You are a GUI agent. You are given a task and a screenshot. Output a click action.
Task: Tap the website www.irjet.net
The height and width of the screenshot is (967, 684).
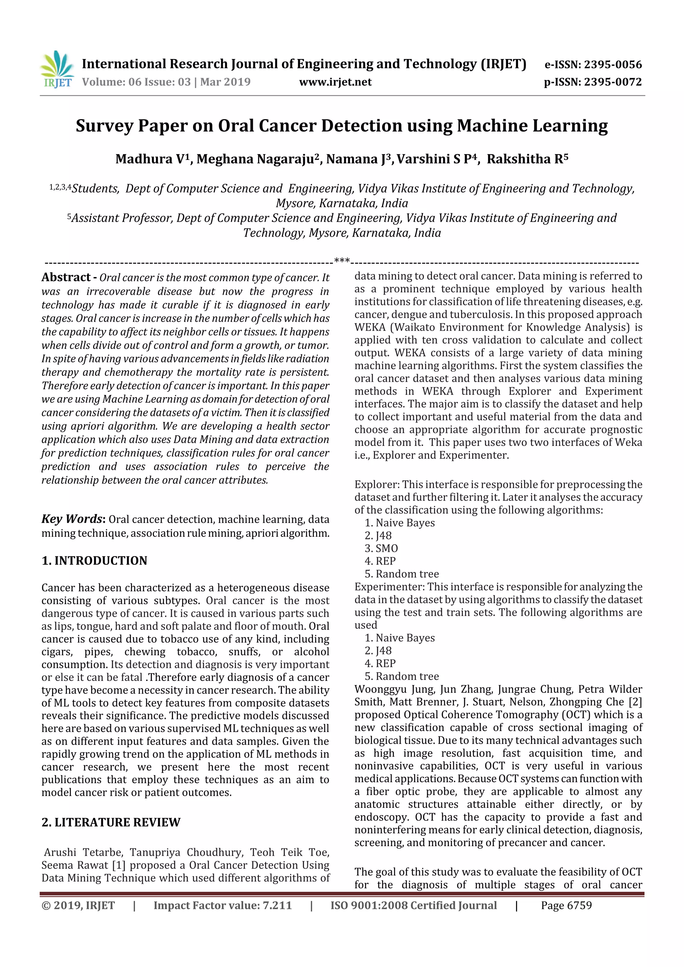coord(335,82)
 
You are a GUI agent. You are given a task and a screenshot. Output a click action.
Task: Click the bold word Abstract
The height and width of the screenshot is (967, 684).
coord(66,277)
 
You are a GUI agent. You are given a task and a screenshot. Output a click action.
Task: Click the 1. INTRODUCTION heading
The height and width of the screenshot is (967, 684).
coord(95,560)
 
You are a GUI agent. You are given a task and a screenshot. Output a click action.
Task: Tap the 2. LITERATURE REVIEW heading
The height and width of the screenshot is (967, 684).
coord(111,822)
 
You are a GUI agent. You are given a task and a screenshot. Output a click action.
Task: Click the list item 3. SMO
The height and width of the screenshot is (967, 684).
coord(381,548)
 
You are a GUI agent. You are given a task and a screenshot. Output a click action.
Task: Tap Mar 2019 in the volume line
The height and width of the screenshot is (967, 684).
coord(225,82)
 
